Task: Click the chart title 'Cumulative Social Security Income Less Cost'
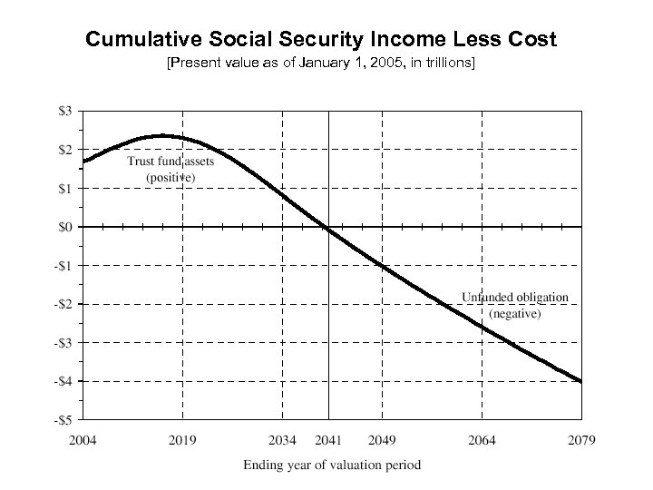[x=320, y=40]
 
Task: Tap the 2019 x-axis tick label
[x=182, y=441]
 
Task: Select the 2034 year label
[x=282, y=441]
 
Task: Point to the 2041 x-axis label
[x=327, y=441]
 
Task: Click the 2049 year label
[x=381, y=441]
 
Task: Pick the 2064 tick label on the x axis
[x=482, y=441]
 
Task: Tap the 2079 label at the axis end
[x=580, y=441]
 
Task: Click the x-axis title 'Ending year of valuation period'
[x=331, y=465]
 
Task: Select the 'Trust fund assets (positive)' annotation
[x=171, y=170]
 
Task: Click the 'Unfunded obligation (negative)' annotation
[x=514, y=305]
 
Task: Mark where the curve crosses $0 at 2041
[x=327, y=227]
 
